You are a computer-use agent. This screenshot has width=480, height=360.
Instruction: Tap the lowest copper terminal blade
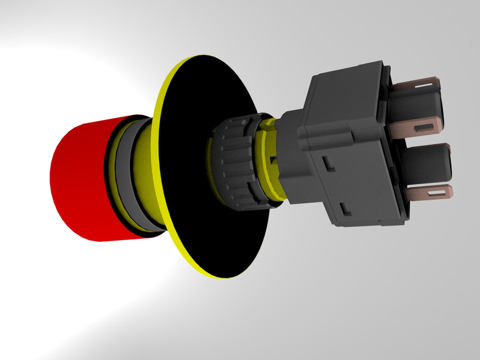pyautogui.click(x=430, y=193)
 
